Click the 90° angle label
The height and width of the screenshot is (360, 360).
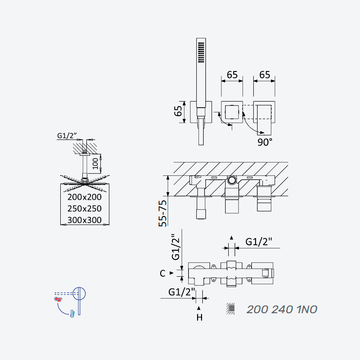(x=265, y=142)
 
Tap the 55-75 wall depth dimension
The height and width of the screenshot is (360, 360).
(x=163, y=213)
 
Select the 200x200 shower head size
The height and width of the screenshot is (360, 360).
(x=85, y=197)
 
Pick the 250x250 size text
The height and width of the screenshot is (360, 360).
(x=85, y=208)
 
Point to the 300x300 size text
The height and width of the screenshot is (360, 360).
(x=85, y=220)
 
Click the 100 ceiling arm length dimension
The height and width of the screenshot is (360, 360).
(x=95, y=163)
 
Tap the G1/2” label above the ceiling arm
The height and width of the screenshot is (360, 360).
(x=67, y=135)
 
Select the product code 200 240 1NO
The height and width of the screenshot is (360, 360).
(x=282, y=309)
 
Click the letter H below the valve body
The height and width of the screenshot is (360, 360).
(x=199, y=318)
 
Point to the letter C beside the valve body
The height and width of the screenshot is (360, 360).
(x=162, y=273)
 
